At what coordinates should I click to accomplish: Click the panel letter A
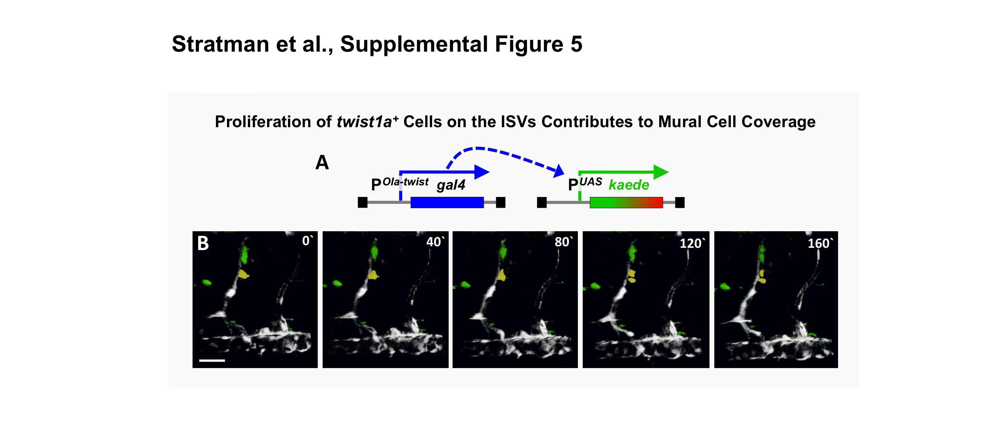tap(322, 162)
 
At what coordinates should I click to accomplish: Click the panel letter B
tap(203, 243)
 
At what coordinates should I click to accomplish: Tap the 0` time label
tap(307, 241)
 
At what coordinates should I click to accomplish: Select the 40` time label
tap(435, 242)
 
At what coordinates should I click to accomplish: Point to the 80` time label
tap(564, 242)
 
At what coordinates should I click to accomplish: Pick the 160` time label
tap(820, 243)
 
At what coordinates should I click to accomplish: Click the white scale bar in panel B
tap(212, 361)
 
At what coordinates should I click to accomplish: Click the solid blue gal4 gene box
tap(447, 202)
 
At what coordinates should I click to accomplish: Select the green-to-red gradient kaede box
tap(626, 202)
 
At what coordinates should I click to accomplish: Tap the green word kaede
tap(629, 185)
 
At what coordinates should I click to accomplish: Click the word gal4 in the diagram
tap(451, 185)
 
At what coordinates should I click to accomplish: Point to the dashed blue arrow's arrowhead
tap(559, 170)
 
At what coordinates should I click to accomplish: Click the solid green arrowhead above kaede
tap(661, 172)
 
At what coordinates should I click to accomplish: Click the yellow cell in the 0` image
tap(243, 274)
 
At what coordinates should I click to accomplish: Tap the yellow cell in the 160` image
tap(762, 276)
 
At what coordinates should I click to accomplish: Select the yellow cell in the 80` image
tap(501, 275)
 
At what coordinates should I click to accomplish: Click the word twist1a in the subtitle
tap(364, 122)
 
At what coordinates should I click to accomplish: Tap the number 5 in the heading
tap(576, 44)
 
